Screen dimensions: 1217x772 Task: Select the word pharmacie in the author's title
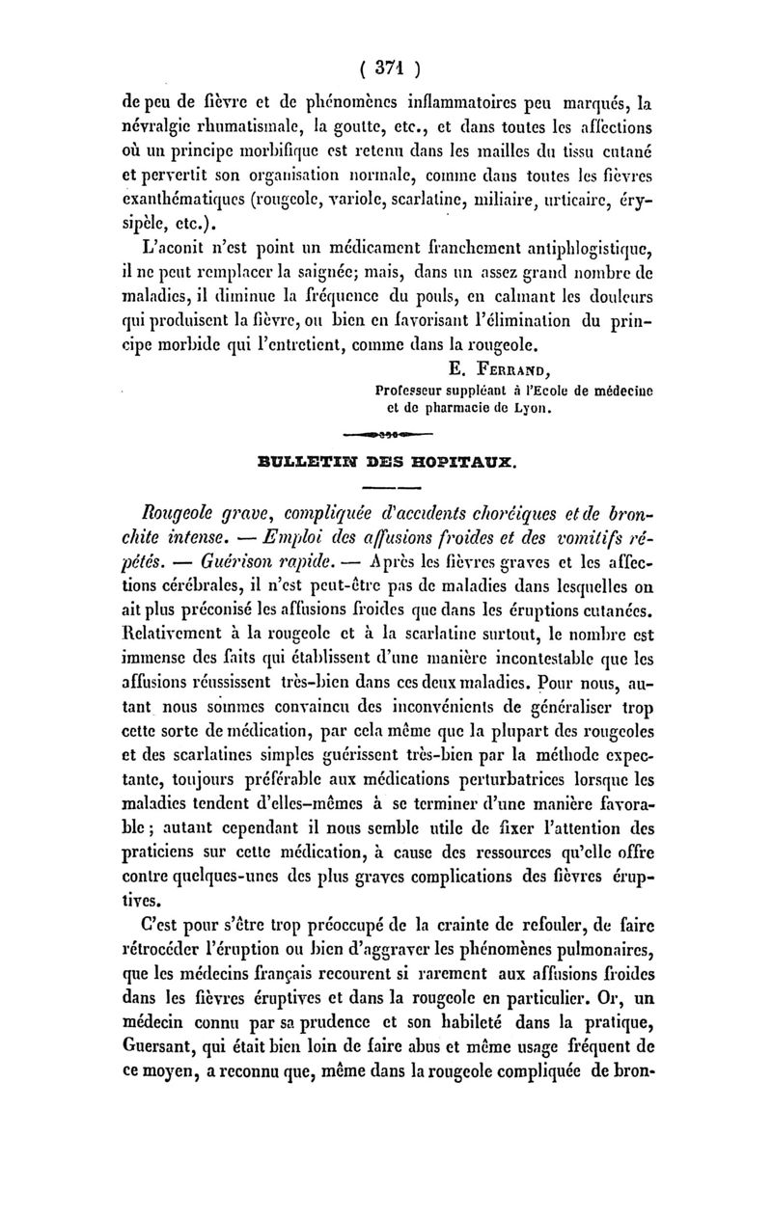[434, 407]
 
